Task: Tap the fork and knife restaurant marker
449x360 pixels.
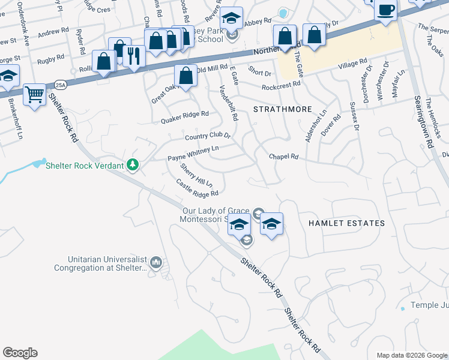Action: pyautogui.click(x=134, y=56)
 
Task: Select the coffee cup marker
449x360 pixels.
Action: pyautogui.click(x=387, y=10)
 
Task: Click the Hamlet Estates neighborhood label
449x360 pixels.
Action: pyautogui.click(x=346, y=223)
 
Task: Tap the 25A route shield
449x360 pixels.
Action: pyautogui.click(x=59, y=85)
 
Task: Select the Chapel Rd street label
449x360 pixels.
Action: pyautogui.click(x=283, y=157)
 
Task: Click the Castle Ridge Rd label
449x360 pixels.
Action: pyautogui.click(x=197, y=187)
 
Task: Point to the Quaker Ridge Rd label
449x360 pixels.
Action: pyautogui.click(x=184, y=117)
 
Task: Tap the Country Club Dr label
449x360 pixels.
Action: pyautogui.click(x=208, y=137)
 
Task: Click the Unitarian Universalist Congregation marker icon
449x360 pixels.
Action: pyautogui.click(x=156, y=262)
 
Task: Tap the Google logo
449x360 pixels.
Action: pyautogui.click(x=20, y=353)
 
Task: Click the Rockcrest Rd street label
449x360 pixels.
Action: pyautogui.click(x=280, y=86)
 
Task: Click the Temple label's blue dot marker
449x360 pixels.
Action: pyautogui.click(x=402, y=308)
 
